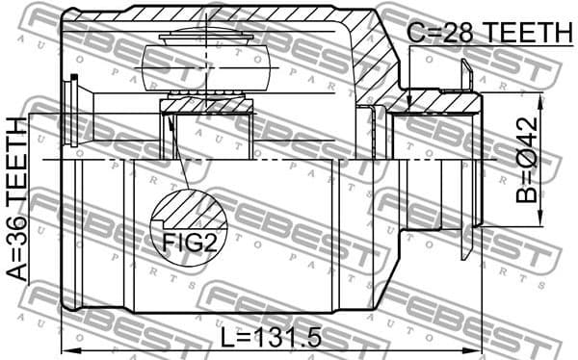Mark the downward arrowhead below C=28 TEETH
pyautogui.click(x=409, y=101)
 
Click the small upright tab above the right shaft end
pyautogui.click(x=467, y=75)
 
